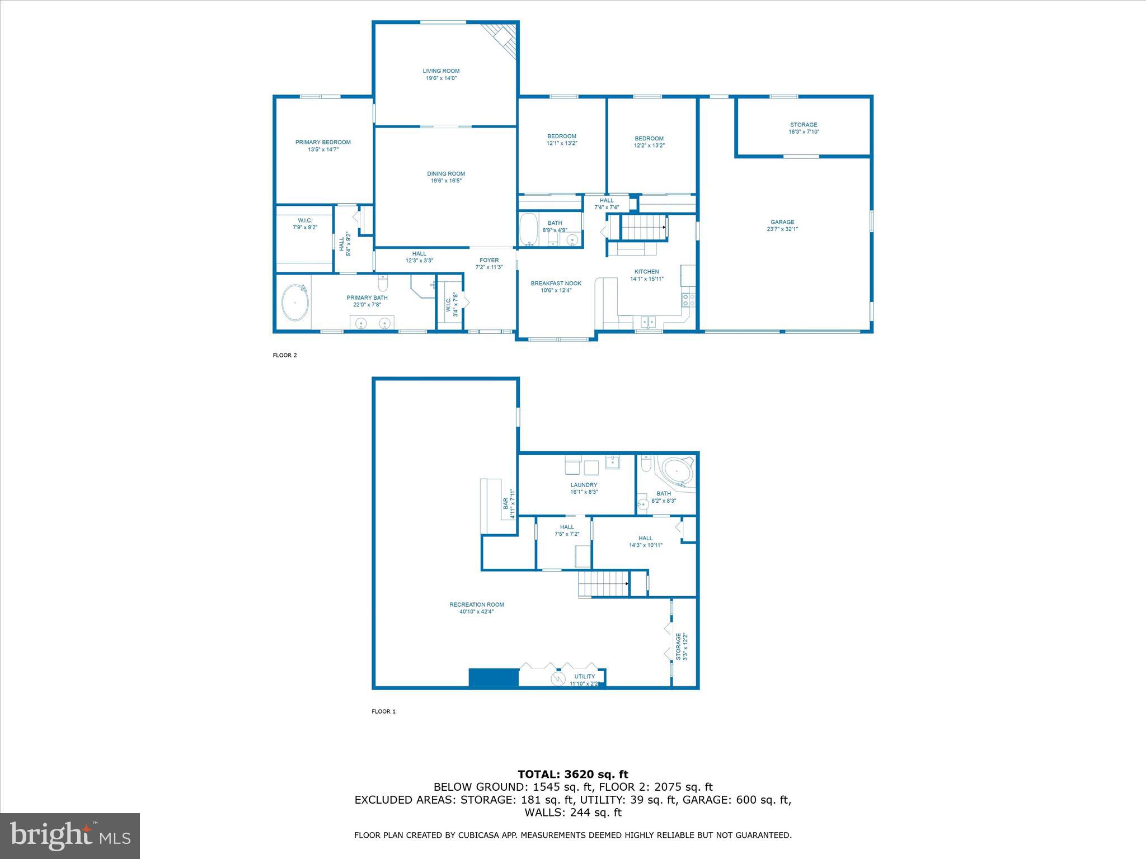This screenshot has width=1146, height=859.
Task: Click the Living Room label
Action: click(x=441, y=71)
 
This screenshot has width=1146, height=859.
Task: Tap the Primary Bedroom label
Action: click(x=323, y=142)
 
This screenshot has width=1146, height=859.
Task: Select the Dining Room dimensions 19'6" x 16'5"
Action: click(x=446, y=181)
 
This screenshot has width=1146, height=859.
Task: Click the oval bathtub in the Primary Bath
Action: click(x=295, y=303)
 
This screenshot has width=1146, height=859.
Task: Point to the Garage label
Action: click(x=782, y=222)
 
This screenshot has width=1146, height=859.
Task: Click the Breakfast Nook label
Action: click(x=556, y=284)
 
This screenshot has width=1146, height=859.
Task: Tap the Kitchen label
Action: click(x=646, y=272)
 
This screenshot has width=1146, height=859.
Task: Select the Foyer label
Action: click(x=489, y=260)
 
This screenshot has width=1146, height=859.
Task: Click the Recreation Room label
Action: click(x=476, y=605)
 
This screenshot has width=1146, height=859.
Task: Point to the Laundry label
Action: click(x=584, y=485)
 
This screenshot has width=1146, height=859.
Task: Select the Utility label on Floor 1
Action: click(x=584, y=677)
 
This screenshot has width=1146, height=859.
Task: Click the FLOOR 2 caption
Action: click(x=284, y=355)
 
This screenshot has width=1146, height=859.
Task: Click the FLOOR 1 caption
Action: click(x=383, y=711)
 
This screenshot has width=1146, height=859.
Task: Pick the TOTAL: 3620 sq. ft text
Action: click(x=572, y=775)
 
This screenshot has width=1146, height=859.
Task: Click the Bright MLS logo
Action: click(x=70, y=836)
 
